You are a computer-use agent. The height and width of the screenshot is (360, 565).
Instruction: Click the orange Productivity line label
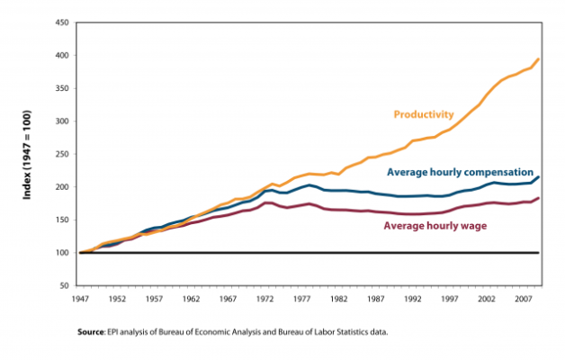[x=424, y=114]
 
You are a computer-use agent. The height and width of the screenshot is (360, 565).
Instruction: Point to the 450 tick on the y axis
[x=63, y=22]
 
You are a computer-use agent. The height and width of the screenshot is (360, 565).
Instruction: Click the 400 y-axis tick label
[x=63, y=56]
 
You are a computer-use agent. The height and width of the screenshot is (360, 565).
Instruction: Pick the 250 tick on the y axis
[x=63, y=154]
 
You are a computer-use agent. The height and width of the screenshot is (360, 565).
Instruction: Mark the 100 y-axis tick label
[x=63, y=253]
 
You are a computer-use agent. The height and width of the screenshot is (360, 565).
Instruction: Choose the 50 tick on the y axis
[x=65, y=286]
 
